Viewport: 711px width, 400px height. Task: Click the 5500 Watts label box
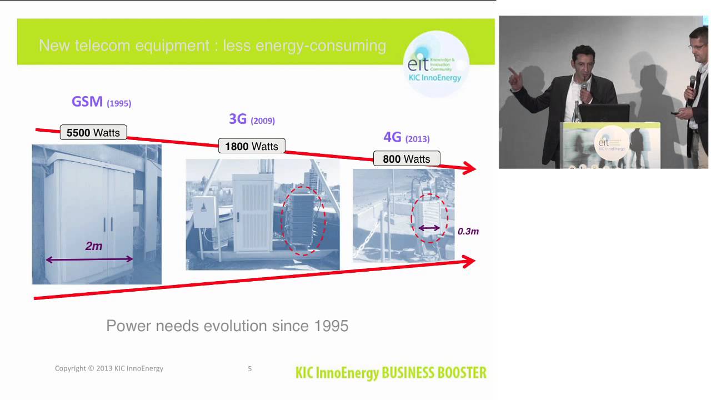point(93,133)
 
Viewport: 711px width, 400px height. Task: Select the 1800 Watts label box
point(252,146)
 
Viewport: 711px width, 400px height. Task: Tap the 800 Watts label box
point(406,159)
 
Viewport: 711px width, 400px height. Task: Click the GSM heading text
point(87,102)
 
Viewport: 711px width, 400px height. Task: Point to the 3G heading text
point(238,119)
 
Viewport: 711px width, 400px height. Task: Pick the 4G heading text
point(392,137)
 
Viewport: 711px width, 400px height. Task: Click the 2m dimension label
point(94,246)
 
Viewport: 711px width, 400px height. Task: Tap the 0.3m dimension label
point(468,231)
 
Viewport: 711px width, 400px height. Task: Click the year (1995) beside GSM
point(119,103)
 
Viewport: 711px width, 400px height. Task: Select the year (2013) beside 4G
point(417,139)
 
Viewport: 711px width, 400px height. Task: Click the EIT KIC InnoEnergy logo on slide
point(435,64)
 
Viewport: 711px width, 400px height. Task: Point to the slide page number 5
point(250,368)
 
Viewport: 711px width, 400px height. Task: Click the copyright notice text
point(109,368)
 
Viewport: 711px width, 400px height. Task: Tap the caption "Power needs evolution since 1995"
point(227,326)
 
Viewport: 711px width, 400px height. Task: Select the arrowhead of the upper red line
point(470,168)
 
